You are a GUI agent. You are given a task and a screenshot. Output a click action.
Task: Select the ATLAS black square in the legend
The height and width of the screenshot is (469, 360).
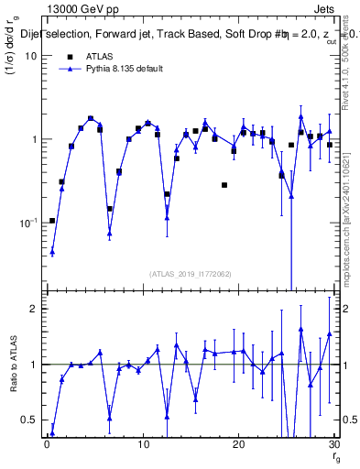(x=69, y=58)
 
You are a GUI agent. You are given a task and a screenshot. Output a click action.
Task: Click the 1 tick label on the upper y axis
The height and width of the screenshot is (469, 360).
(x=34, y=139)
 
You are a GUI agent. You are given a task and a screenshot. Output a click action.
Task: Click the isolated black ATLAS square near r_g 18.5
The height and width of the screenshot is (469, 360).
(x=224, y=185)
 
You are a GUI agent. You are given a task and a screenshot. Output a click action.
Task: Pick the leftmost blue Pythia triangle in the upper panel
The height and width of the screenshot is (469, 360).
(x=52, y=252)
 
